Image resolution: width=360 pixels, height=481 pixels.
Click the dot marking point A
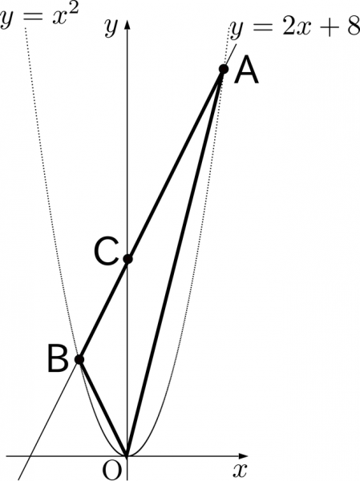(x=224, y=69)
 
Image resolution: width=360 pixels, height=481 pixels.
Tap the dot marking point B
(x=79, y=359)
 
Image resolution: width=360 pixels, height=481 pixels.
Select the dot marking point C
(x=127, y=259)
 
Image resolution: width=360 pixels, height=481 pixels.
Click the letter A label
(x=246, y=70)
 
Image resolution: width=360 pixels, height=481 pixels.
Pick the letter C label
(x=106, y=252)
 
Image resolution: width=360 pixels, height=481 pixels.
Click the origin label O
(x=111, y=471)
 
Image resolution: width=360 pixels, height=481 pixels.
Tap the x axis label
(x=240, y=471)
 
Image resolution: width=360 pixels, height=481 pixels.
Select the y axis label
(x=111, y=27)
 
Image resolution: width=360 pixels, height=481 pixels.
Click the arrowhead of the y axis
(x=127, y=24)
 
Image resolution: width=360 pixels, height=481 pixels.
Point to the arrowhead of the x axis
(x=243, y=456)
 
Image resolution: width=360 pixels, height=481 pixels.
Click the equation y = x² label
(x=39, y=17)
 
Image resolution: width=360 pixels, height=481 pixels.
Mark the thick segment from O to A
(x=176, y=263)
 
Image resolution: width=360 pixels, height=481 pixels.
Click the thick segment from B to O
(x=103, y=408)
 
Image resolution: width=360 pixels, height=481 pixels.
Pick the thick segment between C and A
(x=176, y=164)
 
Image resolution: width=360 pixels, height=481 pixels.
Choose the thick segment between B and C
(x=103, y=309)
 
